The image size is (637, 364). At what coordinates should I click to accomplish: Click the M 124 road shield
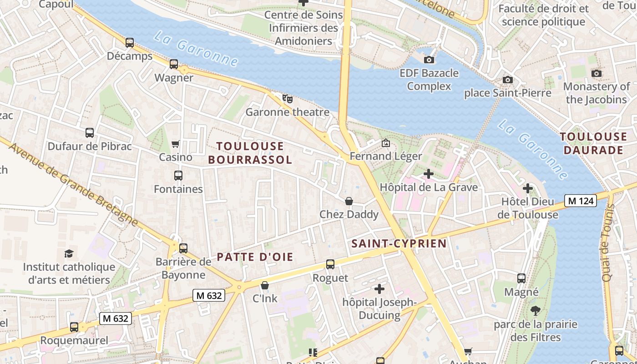(x=580, y=201)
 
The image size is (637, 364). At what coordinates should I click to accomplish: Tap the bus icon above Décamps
(x=130, y=43)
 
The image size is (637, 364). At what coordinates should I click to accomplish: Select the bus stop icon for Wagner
(x=174, y=64)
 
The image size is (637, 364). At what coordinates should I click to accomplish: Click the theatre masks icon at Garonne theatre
(x=287, y=98)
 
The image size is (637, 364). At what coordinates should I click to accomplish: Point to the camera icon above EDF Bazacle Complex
(x=429, y=60)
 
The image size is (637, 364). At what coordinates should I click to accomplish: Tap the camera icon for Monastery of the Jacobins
(x=596, y=73)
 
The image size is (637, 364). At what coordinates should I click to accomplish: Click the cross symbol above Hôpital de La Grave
(x=428, y=174)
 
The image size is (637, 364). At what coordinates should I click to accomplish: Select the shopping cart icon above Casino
(x=176, y=144)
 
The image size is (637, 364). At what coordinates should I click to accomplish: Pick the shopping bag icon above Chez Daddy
(x=349, y=201)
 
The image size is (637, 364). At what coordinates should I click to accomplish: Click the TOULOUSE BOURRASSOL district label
(x=250, y=153)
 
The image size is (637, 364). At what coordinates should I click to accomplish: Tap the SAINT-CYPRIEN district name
(x=399, y=243)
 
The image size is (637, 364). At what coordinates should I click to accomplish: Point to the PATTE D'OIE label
(x=255, y=257)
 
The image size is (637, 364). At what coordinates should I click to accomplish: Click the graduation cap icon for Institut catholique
(x=69, y=253)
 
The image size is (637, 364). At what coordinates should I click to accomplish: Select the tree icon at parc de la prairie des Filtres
(x=536, y=311)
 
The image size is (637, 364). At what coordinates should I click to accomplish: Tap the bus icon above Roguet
(x=330, y=264)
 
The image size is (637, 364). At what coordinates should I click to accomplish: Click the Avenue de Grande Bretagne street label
(x=73, y=184)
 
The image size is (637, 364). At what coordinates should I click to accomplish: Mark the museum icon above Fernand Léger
(x=385, y=143)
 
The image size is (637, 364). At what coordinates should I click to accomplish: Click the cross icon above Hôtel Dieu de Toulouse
(x=527, y=188)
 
